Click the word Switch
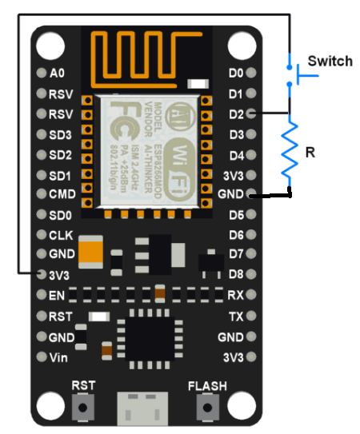330,62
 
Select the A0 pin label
57,73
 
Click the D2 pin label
236,114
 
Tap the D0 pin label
236,73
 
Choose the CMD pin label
61,194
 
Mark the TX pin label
236,317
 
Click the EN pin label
57,295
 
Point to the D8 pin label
236,274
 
